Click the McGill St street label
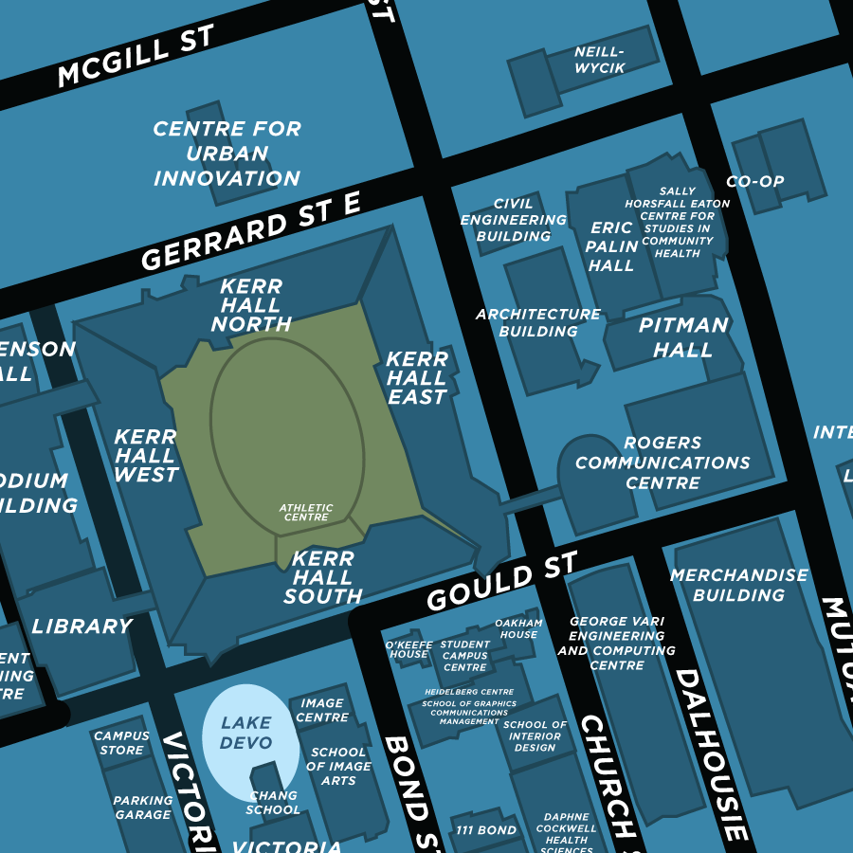click(x=136, y=56)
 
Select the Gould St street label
click(x=501, y=581)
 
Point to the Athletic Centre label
click(x=306, y=513)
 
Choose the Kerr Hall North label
click(x=251, y=305)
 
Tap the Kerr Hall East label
click(x=417, y=378)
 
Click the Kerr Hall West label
click(x=146, y=455)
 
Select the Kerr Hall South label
click(x=323, y=577)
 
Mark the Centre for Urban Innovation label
click(x=227, y=154)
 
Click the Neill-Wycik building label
click(x=599, y=60)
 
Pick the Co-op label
click(x=754, y=181)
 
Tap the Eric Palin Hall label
click(x=611, y=246)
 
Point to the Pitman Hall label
click(x=683, y=337)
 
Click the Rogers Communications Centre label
click(x=662, y=463)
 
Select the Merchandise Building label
click(x=738, y=585)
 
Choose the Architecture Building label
click(x=538, y=322)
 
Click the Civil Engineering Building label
click(x=514, y=220)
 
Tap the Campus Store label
click(x=121, y=743)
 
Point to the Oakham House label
click(x=518, y=628)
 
